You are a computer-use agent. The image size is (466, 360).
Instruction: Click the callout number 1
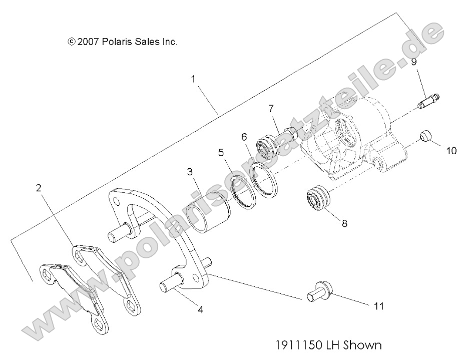coord(194,79)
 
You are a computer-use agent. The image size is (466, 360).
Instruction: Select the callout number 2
coord(39,188)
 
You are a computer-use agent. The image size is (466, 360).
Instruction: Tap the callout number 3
coord(190,172)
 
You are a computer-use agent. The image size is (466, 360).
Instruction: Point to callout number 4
coord(200,310)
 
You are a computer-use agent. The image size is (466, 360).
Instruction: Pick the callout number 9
coord(413,62)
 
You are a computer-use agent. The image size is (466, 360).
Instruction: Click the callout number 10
coord(451,150)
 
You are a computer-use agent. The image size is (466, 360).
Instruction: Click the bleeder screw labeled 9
coord(427,102)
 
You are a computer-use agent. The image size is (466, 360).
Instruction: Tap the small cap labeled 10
coord(425,136)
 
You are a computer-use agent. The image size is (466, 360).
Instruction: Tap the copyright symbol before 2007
coord(72,42)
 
